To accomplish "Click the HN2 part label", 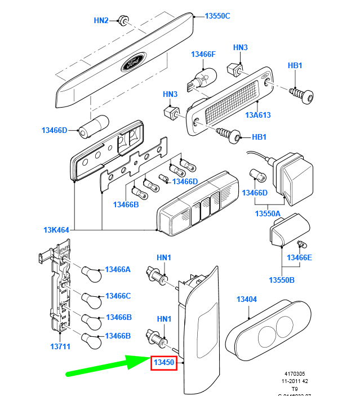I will coord(101,21).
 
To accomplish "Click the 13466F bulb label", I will coord(203,54).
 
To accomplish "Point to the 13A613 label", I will coord(258,115).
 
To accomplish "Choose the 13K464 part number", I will coord(56,230).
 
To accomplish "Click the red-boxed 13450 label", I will coord(164,363).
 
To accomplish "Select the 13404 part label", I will coord(247,299).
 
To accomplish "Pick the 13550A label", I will coord(268,214).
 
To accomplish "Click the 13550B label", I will coord(282,280).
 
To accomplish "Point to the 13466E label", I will coord(300,258).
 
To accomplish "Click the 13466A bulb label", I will coord(118,270).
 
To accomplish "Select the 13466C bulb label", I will coord(118,296).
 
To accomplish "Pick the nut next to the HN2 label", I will coord(123,21).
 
